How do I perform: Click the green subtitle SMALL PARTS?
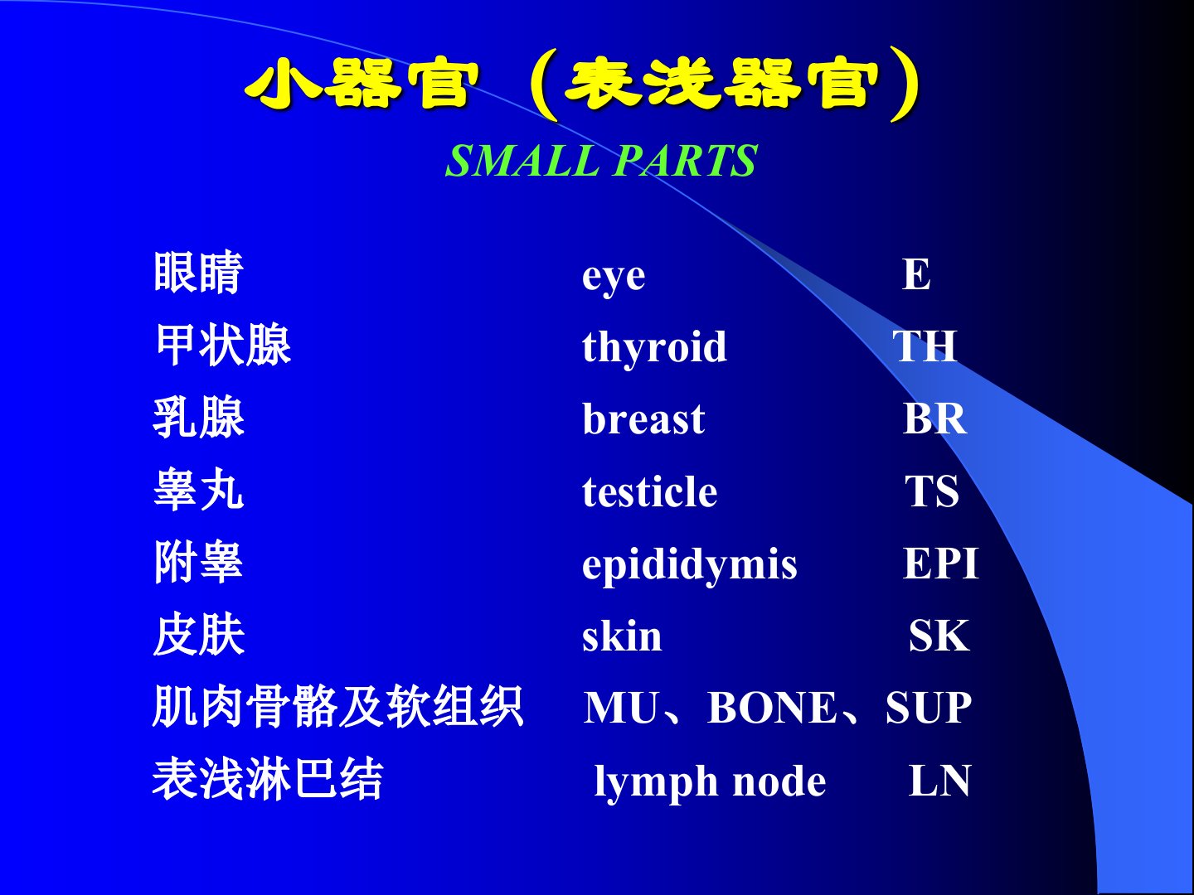(601, 160)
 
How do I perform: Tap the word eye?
(614, 278)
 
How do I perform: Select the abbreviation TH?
(925, 346)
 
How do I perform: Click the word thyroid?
(654, 348)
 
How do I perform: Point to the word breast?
(643, 418)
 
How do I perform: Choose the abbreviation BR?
(934, 418)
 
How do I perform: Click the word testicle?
(649, 491)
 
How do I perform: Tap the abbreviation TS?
(932, 491)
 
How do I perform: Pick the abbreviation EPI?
(940, 564)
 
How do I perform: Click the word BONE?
(771, 708)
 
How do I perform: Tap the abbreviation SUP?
(929, 708)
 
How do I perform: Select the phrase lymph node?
(710, 782)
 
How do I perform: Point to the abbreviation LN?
(939, 781)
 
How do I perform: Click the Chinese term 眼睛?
(198, 273)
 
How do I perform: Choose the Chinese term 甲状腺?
(223, 345)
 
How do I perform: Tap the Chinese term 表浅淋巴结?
(268, 779)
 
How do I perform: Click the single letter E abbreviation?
(916, 273)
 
